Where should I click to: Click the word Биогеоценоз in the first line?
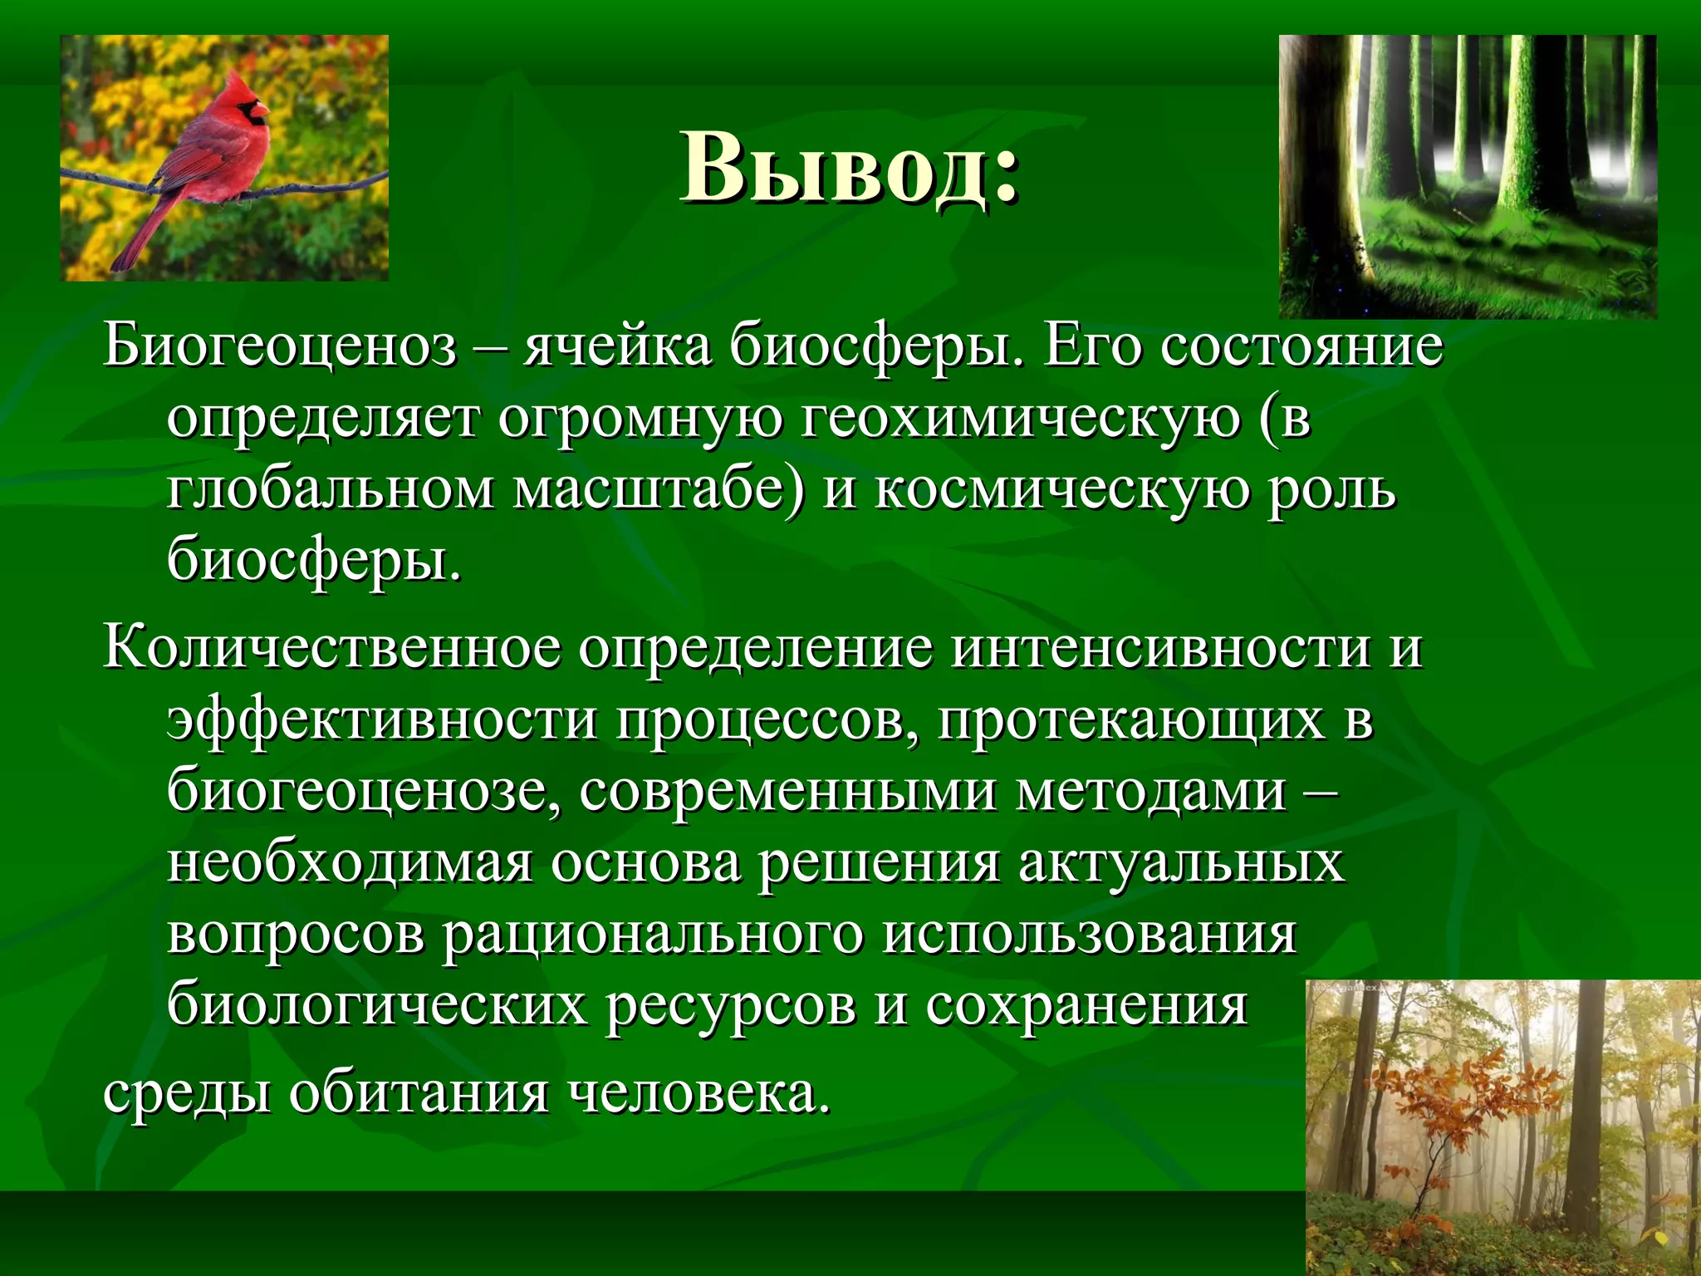coord(280,347)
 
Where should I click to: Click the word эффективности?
coord(382,720)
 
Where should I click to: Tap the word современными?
coord(788,792)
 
